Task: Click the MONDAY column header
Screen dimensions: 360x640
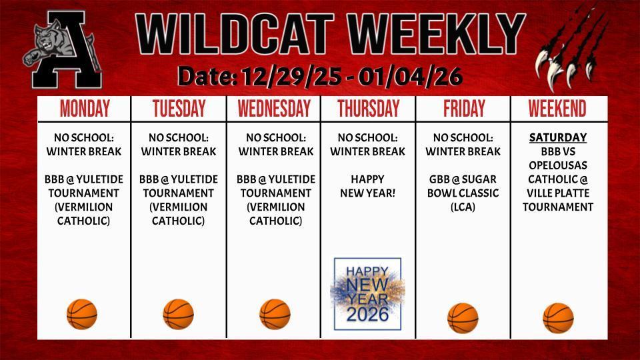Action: (84, 109)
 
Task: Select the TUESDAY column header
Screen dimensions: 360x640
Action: (179, 109)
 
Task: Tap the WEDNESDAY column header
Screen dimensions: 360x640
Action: (274, 109)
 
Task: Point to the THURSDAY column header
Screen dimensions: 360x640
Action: (368, 109)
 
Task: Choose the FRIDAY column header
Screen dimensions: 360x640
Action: (463, 109)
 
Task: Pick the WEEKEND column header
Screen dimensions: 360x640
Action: (557, 109)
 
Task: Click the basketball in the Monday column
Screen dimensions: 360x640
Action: (82, 314)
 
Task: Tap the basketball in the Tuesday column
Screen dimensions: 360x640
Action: (179, 314)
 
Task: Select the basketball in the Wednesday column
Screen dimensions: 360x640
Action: (275, 314)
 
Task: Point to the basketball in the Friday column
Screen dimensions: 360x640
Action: (463, 317)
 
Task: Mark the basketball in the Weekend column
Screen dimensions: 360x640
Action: (558, 317)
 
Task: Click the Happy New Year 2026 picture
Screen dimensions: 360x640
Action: (367, 293)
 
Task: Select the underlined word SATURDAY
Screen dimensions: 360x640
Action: (558, 138)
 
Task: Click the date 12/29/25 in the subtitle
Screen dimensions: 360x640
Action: (293, 77)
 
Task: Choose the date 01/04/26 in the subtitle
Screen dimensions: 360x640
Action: (410, 77)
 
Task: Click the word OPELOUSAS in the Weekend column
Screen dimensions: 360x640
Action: (558, 165)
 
